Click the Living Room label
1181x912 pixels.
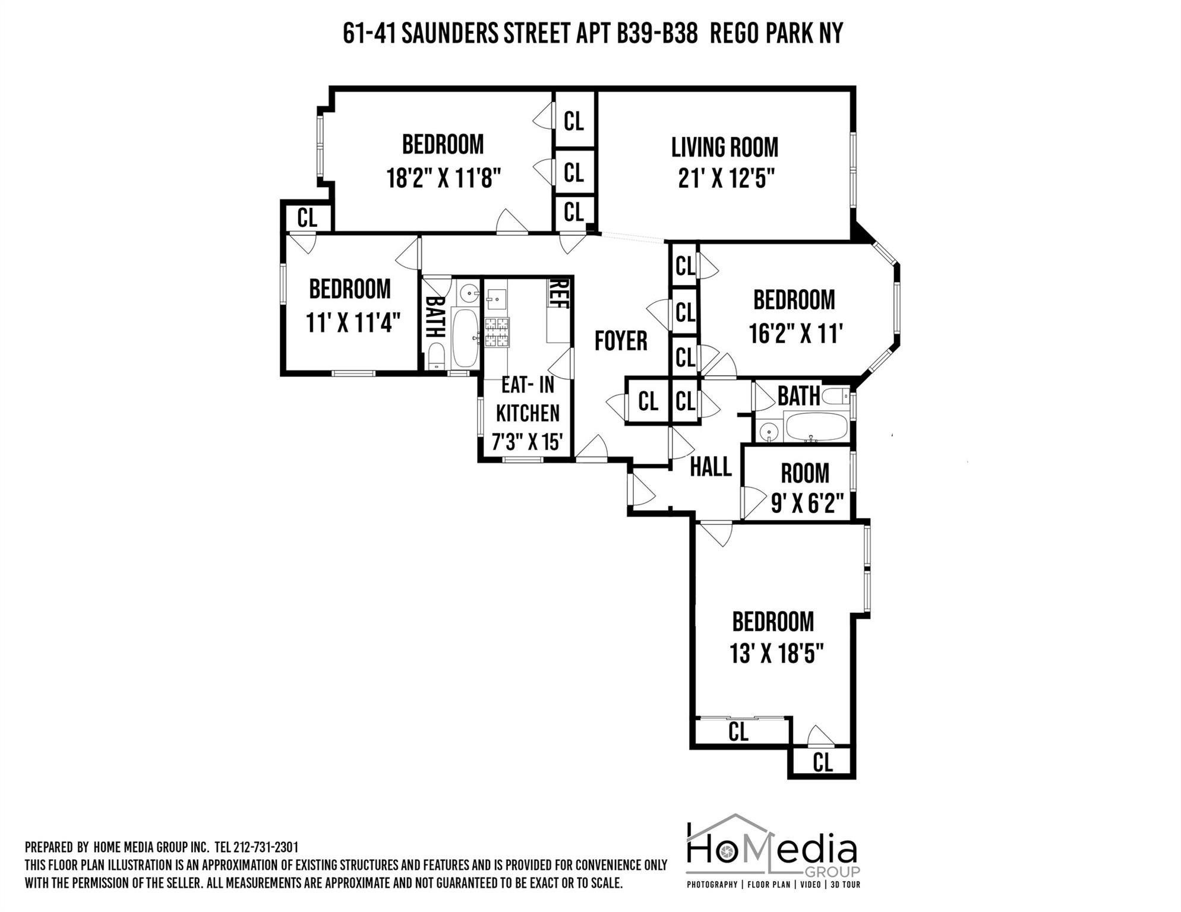coord(724,147)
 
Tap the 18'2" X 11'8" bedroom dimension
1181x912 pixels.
coord(444,177)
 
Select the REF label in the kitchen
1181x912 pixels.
coord(558,294)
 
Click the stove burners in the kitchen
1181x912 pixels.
coord(497,332)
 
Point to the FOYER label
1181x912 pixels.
coord(621,341)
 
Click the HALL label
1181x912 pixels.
coord(711,467)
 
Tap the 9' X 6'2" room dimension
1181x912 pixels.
coord(807,504)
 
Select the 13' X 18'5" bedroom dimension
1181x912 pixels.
coord(776,654)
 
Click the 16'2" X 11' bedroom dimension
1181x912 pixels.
coord(795,333)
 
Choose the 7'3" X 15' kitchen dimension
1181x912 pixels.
coord(527,442)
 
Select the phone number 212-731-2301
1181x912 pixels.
coord(266,847)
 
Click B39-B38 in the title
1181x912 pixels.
coord(657,33)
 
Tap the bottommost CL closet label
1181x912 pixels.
coord(822,762)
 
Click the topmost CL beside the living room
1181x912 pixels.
coord(573,121)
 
